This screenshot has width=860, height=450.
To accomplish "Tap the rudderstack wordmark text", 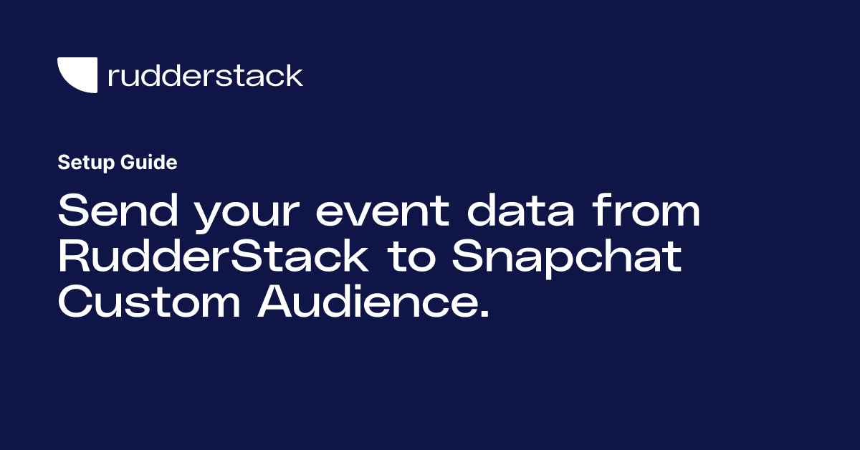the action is (x=206, y=75).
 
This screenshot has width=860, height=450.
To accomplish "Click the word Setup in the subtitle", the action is (x=86, y=163).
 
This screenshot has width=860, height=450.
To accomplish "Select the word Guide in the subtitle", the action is (x=148, y=162).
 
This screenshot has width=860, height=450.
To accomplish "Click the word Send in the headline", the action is (x=118, y=210).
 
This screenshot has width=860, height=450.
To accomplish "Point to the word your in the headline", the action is (x=247, y=215).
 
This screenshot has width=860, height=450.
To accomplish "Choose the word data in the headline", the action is (x=520, y=210).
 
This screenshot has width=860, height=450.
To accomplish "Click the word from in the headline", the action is (x=646, y=210).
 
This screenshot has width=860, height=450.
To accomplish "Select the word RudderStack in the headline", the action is (x=213, y=255).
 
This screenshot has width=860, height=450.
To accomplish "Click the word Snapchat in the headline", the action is (x=567, y=258).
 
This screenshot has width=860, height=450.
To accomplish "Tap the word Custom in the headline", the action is (x=149, y=301).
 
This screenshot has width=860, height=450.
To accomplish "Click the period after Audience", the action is (x=485, y=312).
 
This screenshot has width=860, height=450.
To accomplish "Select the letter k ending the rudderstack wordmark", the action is (x=293, y=75).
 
